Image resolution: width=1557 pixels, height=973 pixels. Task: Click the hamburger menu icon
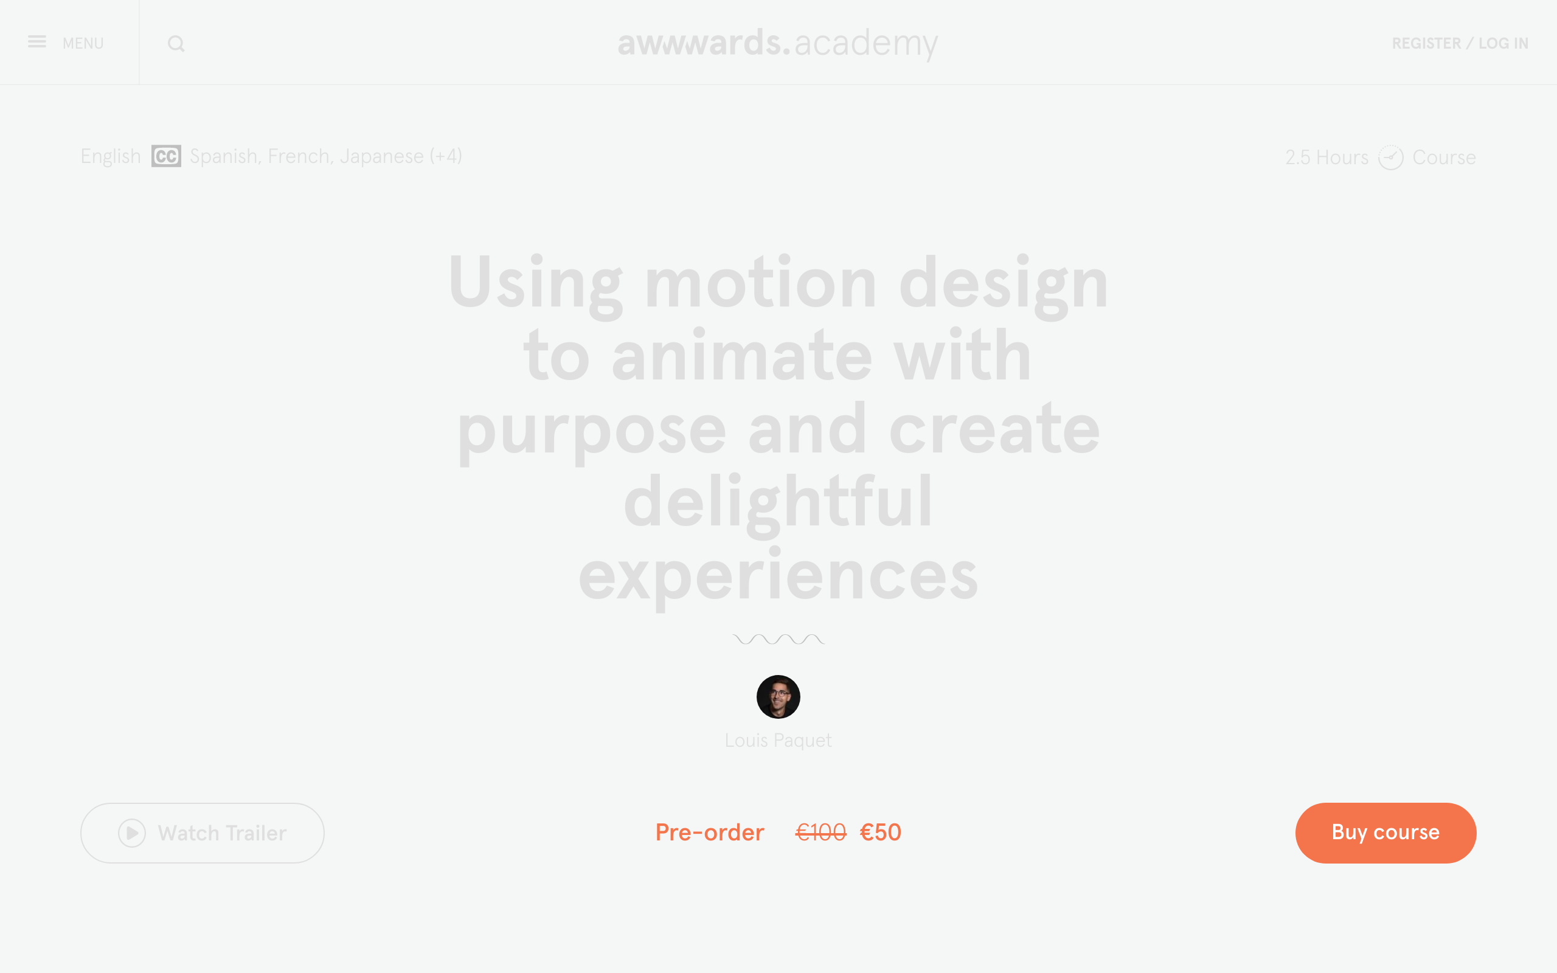[x=36, y=42]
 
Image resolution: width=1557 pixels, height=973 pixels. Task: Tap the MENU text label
[x=83, y=43]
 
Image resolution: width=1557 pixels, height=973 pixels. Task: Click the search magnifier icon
[x=176, y=44]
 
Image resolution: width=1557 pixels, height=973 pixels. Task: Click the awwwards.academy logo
[x=778, y=43]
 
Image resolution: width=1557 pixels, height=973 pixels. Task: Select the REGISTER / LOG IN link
[x=1460, y=43]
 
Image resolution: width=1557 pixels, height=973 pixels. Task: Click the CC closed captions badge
[x=166, y=156]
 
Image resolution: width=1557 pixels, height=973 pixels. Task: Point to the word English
[x=111, y=156]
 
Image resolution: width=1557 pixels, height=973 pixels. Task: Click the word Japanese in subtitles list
[x=381, y=156]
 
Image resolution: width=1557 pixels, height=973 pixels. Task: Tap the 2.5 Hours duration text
[x=1326, y=158]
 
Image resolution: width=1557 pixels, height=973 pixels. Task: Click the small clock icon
[x=1390, y=158]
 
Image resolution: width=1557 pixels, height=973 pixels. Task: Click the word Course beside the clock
[x=1444, y=158]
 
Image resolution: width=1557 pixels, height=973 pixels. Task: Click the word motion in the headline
[x=760, y=283]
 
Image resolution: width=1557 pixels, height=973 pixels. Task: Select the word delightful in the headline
[x=778, y=500]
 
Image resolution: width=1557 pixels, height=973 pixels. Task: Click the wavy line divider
[x=778, y=639]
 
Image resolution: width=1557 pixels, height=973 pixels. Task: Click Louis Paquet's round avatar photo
[x=778, y=697]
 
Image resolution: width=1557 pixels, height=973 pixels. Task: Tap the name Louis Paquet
[x=778, y=741]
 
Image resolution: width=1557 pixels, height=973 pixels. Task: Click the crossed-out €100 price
[x=821, y=833]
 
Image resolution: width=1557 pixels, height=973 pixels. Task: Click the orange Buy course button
[x=1386, y=833]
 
